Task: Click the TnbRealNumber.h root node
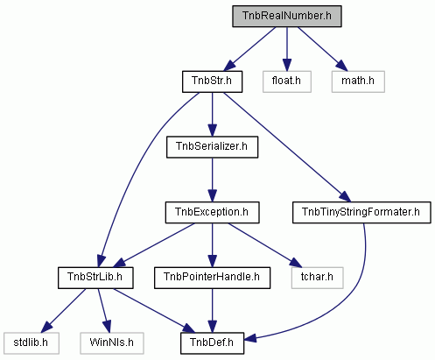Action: (x=287, y=16)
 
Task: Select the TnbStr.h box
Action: (x=212, y=81)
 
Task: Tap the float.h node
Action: (x=287, y=81)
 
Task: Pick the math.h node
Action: (x=358, y=81)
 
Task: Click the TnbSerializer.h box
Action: (x=212, y=147)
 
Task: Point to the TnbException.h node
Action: (x=212, y=212)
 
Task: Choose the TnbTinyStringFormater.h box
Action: (x=361, y=212)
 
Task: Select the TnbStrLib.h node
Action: (x=95, y=278)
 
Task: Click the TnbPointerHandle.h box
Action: (x=212, y=278)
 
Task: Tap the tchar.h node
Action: (x=317, y=278)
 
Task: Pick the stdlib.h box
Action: (x=32, y=343)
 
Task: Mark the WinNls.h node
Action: (x=112, y=343)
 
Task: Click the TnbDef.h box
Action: (x=212, y=343)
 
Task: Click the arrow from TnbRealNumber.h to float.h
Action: (x=287, y=49)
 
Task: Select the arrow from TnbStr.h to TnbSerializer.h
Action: (x=212, y=115)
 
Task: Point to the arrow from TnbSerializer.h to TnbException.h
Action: (x=212, y=180)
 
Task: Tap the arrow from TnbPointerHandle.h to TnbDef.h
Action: (x=212, y=311)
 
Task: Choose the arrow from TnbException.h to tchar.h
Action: (x=265, y=245)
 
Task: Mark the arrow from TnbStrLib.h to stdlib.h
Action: (x=63, y=311)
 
